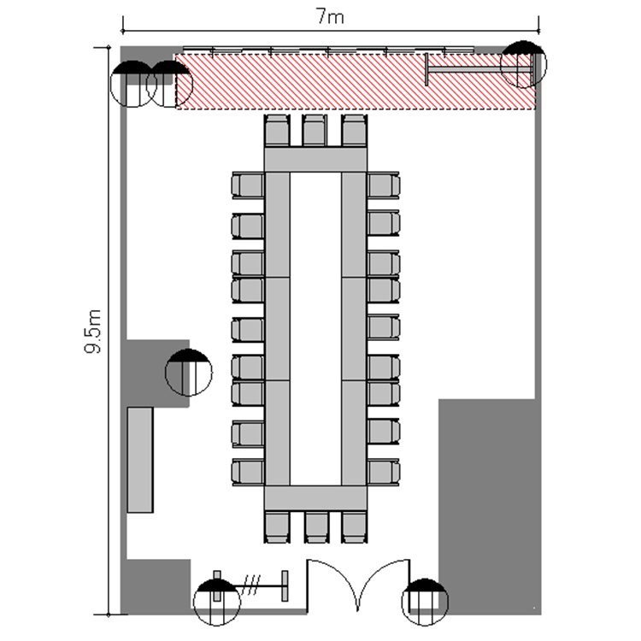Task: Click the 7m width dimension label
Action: [x=330, y=17]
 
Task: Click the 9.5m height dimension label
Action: [x=93, y=331]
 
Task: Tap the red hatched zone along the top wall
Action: [x=356, y=81]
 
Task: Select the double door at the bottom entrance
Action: [x=358, y=585]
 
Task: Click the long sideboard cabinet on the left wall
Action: [x=140, y=460]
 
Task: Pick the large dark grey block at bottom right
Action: [x=490, y=507]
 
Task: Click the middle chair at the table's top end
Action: [x=315, y=131]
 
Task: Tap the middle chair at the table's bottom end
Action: [x=317, y=526]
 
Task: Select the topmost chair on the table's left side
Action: [x=248, y=185]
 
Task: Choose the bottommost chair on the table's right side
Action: [x=383, y=472]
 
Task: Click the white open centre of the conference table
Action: [x=315, y=329]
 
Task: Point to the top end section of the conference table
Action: [x=315, y=160]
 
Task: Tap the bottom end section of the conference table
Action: [x=315, y=498]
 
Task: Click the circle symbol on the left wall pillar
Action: [x=189, y=372]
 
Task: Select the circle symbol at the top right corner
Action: [x=524, y=64]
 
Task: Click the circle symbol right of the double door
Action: [x=425, y=602]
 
